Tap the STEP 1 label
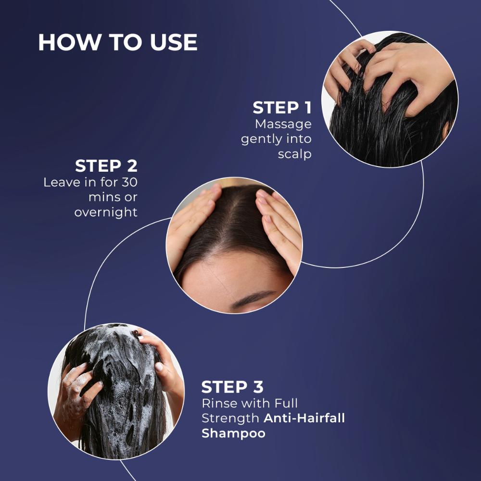282,108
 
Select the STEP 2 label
106,166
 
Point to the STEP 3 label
232,387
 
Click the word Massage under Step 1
283,125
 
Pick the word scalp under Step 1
295,154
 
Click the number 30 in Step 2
129,182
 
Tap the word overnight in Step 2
106,212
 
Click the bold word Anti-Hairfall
304,418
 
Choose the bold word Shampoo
233,433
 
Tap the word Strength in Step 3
230,418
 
